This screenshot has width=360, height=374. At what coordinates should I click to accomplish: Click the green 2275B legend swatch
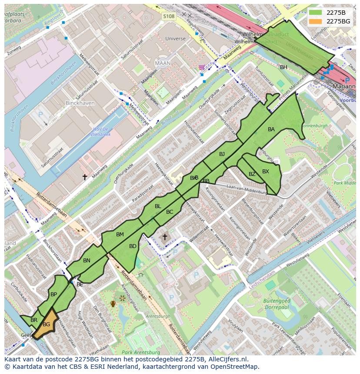pos(316,12)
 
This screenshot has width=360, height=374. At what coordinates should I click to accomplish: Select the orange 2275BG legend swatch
pos(316,21)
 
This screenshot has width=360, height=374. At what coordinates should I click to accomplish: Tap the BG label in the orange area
pos(47,324)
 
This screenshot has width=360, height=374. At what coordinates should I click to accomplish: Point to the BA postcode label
pos(271,129)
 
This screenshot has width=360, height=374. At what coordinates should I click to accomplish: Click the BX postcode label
pos(266,172)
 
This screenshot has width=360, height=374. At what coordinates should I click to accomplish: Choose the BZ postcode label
pos(252,174)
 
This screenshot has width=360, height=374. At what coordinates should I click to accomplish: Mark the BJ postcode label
pos(222,154)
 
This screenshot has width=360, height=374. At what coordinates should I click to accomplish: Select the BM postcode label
pos(120,235)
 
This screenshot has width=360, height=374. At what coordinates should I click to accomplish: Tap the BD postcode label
pos(133,246)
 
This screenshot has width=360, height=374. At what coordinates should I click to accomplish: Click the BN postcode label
pos(87,261)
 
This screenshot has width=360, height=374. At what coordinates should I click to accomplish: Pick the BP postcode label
pos(54,295)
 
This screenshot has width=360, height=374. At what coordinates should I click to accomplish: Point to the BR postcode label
pos(34,320)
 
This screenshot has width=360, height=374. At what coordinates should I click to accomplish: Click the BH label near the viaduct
pos(283,67)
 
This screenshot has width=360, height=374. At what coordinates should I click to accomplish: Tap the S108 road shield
pos(169,16)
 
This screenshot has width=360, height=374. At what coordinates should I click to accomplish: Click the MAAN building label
pos(163,63)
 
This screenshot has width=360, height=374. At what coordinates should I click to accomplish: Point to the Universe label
pos(175,39)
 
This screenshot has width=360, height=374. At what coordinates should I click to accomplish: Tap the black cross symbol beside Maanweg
pos(85,177)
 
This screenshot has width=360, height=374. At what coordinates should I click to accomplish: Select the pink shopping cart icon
pos(201,67)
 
